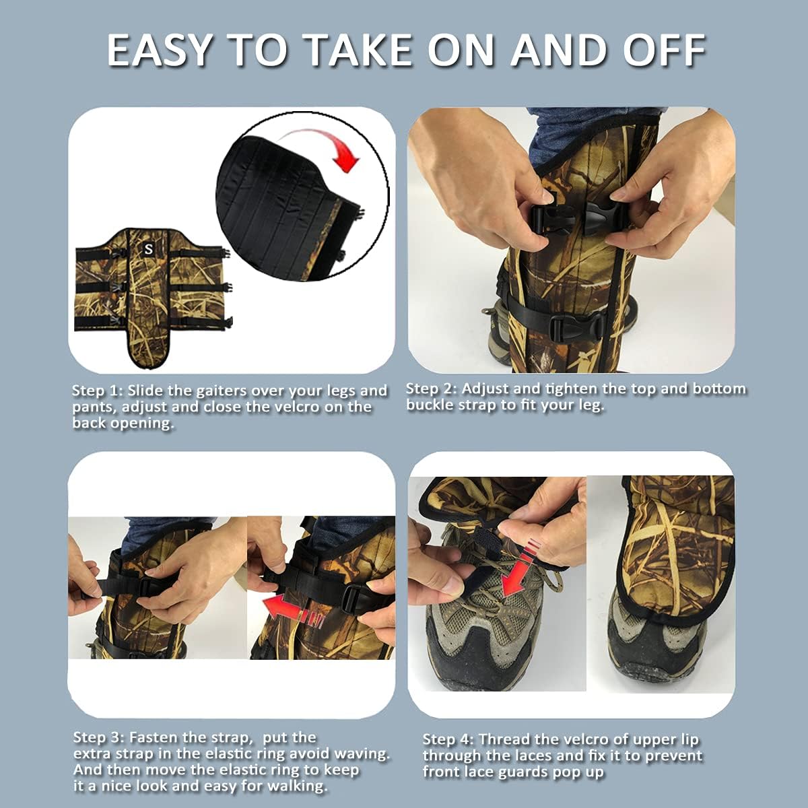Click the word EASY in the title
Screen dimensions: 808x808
coord(160,50)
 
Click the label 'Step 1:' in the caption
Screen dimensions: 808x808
coord(97,391)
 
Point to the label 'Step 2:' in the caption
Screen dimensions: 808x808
coord(431,389)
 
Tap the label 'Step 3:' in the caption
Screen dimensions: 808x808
coord(98,738)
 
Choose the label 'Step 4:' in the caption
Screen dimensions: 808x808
coord(448,740)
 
